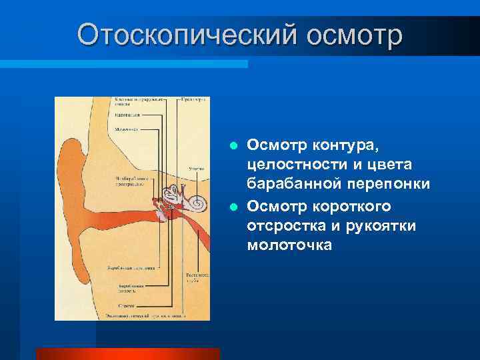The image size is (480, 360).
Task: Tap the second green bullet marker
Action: point(233,206)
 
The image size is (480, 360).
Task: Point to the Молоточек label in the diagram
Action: point(126,129)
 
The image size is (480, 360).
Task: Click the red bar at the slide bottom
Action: point(127,353)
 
